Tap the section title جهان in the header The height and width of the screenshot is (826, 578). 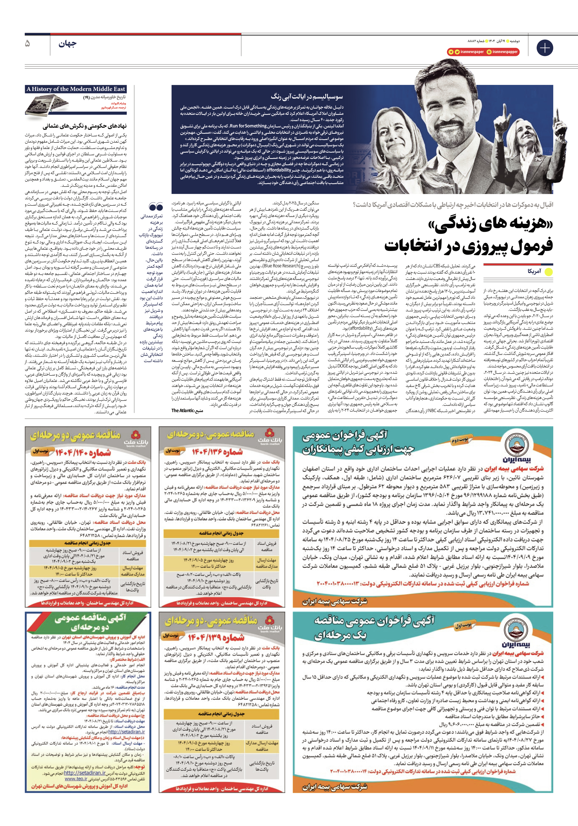click(x=67, y=44)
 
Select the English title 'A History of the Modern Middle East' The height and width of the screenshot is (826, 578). click(x=76, y=89)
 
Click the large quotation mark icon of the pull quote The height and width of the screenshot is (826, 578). click(x=156, y=207)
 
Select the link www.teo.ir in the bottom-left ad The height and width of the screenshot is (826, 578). click(x=76, y=779)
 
